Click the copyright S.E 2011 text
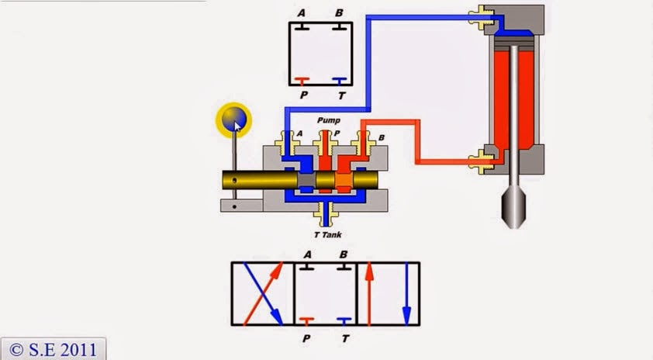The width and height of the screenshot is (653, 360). point(53,349)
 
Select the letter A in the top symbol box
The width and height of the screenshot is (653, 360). point(301,13)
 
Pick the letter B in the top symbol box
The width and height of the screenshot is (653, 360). point(339,13)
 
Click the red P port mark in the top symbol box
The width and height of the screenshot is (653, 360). point(301,80)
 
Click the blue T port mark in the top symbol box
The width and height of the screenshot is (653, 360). point(339,80)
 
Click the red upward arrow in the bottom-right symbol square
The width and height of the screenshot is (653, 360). point(370,293)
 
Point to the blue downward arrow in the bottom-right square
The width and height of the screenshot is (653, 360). point(406,293)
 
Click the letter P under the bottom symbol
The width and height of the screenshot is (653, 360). point(307,338)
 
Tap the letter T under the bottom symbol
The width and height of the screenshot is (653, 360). point(344,338)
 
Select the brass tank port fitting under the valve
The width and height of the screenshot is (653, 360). point(326,212)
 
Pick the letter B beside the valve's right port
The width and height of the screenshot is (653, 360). point(382,137)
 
